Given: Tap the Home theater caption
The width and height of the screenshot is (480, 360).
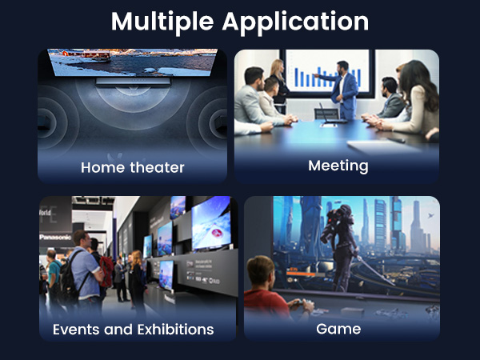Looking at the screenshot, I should (x=133, y=167).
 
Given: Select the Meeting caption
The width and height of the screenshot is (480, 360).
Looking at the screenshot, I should (x=338, y=166).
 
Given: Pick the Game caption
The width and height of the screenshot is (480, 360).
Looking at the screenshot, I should (x=338, y=329).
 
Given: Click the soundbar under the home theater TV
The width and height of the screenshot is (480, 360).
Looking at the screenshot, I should (x=133, y=82).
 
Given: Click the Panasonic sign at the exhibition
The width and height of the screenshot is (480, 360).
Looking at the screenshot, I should (x=55, y=237).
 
